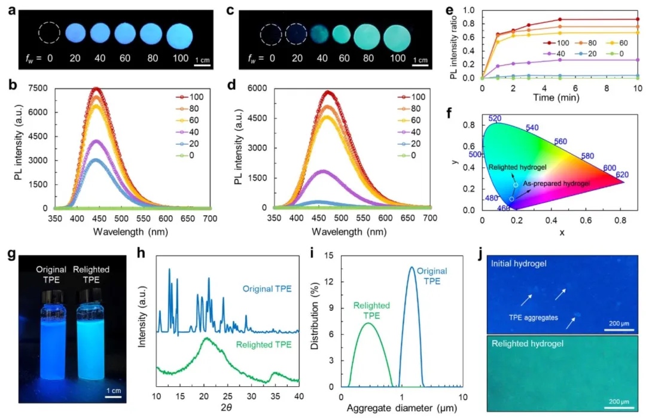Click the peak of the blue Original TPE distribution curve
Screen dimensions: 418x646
tap(411, 267)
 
